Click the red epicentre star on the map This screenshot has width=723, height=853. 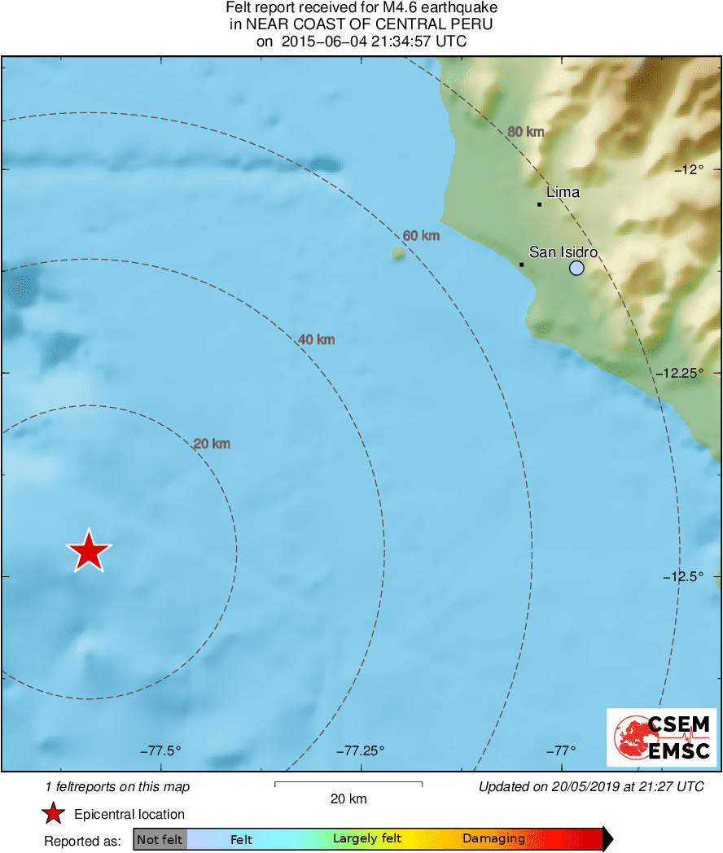pos(89,551)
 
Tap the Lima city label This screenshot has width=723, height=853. pos(563,192)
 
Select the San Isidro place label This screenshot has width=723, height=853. pos(563,252)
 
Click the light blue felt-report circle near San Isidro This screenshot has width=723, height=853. pos(576,268)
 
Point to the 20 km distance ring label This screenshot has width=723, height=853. pos(212,444)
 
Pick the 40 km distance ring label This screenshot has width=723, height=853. pos(316,339)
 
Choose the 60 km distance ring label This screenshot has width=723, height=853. pos(421,236)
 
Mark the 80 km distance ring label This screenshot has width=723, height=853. pos(525,132)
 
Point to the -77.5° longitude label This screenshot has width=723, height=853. pos(160,750)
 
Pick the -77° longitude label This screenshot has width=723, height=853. pos(561,750)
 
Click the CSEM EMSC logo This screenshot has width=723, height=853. pos(662,737)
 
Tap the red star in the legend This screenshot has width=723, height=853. pos(54,814)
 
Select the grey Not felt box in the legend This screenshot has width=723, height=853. pos(160,839)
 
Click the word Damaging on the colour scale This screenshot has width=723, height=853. pos(493,839)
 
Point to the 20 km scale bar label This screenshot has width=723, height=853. pos(348,798)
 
